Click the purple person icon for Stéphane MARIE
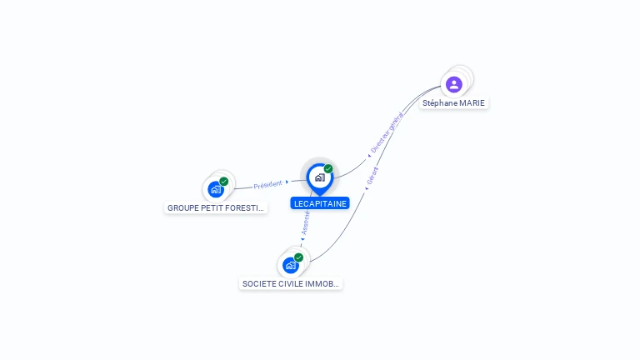coord(453,84)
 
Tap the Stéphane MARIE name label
coord(453,103)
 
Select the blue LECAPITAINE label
coord(320,203)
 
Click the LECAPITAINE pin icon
coord(319,177)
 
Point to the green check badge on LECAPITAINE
coord(328,169)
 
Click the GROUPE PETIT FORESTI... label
coord(216,208)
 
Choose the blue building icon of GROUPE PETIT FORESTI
coord(215,189)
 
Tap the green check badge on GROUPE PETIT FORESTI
coord(223,182)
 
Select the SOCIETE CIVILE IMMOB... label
coord(291,284)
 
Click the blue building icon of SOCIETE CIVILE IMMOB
coord(290,266)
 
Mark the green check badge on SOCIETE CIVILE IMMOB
coord(298,257)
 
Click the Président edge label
coord(267,184)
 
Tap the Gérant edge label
coord(372,175)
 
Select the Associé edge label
coord(306,222)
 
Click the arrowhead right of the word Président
coord(287,182)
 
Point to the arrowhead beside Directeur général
coord(369,155)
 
